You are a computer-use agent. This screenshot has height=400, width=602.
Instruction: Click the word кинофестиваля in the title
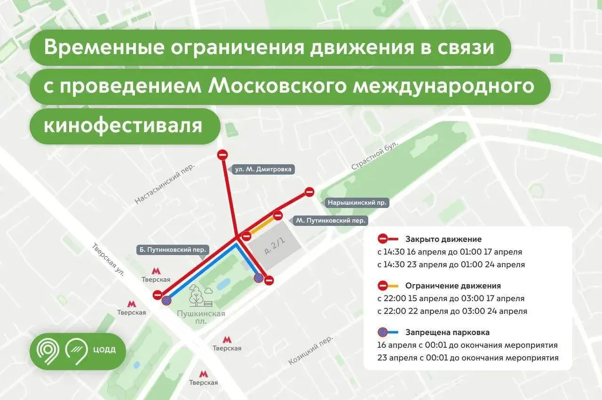click(123, 126)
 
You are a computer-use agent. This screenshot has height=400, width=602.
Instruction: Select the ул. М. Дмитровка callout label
click(263, 169)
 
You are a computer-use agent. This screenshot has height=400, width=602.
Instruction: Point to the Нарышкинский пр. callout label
click(358, 203)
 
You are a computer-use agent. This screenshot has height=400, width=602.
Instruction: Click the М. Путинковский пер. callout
click(331, 220)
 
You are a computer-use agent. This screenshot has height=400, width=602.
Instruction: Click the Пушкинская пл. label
click(201, 317)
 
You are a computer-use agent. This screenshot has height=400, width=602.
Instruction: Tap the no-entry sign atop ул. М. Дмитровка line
click(222, 154)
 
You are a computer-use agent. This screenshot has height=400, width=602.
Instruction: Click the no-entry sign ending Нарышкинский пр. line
click(309, 192)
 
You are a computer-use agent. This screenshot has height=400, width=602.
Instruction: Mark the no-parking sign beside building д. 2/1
click(259, 278)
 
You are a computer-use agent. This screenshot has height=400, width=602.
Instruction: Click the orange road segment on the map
click(261, 225)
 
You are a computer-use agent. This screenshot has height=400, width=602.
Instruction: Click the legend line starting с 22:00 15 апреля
click(451, 298)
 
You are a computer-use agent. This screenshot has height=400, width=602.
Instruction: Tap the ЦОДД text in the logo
click(104, 350)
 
